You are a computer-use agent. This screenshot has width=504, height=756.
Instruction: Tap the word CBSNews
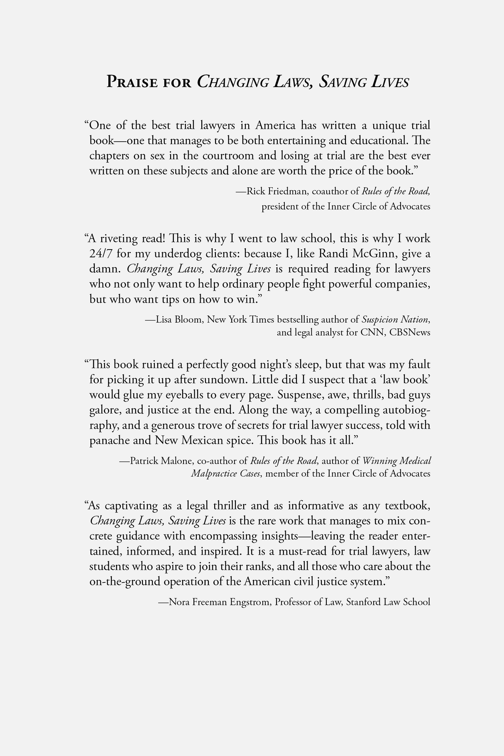pyautogui.click(x=410, y=333)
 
